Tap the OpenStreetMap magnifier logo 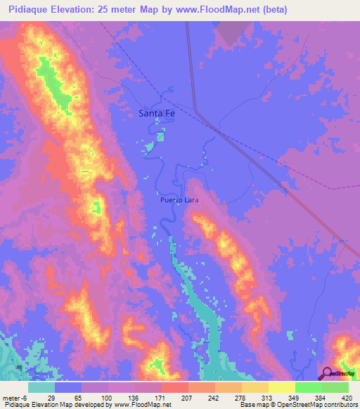coord(327,375)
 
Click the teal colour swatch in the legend coord(41,387)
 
